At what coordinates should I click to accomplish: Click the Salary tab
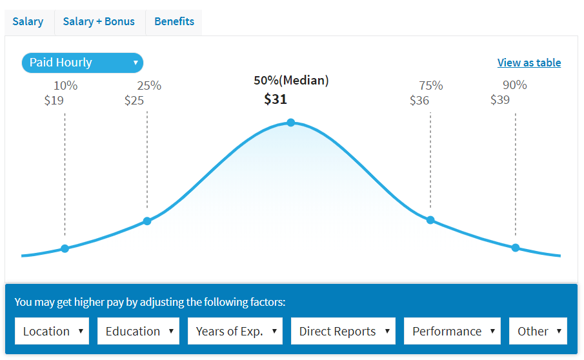28,21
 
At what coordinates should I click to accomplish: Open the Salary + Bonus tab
99,21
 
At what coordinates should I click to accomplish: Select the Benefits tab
174,21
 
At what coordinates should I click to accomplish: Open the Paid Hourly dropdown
83,63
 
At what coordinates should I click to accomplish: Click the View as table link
529,63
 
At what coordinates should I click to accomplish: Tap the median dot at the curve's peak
291,123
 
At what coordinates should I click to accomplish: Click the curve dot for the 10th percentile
65,248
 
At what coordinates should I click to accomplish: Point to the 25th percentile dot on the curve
147,221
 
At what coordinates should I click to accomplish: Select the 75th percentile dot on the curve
430,220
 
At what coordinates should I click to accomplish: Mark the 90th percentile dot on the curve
516,248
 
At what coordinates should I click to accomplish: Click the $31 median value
276,99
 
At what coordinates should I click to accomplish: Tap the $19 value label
54,100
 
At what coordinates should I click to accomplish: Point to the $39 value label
500,99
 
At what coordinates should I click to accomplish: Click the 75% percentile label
431,85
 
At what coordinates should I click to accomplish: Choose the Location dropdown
52,331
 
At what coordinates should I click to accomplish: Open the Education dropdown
138,331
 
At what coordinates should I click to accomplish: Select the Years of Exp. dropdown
235,331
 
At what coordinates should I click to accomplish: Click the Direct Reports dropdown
343,331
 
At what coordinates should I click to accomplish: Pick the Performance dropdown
452,331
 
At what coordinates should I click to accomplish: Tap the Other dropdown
538,331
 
